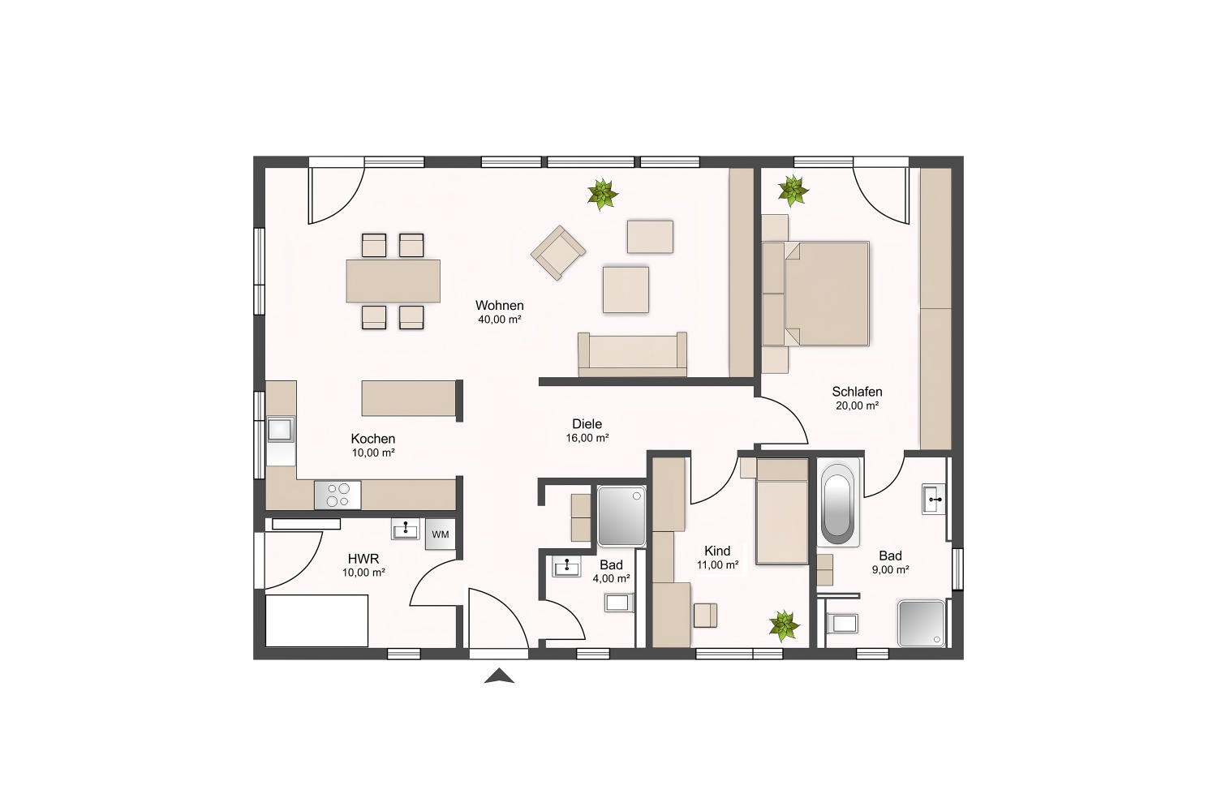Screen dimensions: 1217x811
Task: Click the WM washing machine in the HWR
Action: (x=440, y=534)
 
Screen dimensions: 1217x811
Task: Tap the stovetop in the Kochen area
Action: (x=338, y=495)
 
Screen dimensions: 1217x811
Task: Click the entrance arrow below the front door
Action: (x=499, y=676)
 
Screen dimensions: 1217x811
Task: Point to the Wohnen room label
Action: (x=499, y=305)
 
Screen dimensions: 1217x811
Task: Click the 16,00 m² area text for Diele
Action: (x=587, y=438)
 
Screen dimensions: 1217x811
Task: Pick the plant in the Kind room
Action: (x=784, y=625)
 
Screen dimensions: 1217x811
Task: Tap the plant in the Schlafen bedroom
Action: (x=793, y=191)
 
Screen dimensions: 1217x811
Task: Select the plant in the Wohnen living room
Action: (x=603, y=195)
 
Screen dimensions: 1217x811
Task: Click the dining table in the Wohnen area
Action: (x=393, y=281)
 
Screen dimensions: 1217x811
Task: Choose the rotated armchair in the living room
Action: (x=558, y=252)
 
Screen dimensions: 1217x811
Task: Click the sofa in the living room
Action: (x=632, y=354)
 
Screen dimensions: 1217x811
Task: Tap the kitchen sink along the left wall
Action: (x=281, y=430)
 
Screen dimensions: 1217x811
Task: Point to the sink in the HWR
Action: (x=406, y=529)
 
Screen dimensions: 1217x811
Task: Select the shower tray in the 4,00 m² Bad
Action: (x=621, y=516)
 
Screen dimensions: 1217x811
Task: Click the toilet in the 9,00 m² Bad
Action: (x=841, y=623)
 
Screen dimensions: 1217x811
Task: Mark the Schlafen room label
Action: (x=858, y=391)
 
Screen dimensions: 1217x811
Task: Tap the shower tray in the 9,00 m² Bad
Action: (x=922, y=623)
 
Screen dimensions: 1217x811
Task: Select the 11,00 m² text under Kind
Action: (x=718, y=565)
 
